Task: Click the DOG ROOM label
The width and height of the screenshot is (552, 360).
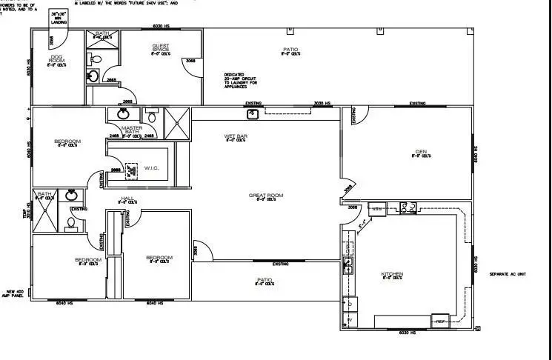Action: (x=56, y=59)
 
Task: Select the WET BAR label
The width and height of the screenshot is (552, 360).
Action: (x=236, y=138)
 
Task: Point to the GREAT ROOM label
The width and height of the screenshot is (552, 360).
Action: (x=270, y=196)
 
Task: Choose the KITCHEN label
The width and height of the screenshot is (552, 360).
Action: (x=392, y=276)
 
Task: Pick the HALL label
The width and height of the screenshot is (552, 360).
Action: (x=127, y=200)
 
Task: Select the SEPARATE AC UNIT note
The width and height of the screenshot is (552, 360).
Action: (x=507, y=274)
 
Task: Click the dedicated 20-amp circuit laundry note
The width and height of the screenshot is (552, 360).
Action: (x=240, y=79)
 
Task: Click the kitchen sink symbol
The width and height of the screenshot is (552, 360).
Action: (x=346, y=264)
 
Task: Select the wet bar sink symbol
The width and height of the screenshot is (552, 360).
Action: (x=253, y=113)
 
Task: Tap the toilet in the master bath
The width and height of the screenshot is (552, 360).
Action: (x=151, y=116)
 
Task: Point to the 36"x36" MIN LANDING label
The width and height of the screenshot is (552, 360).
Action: (x=58, y=16)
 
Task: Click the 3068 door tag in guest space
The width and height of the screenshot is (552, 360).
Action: (x=191, y=61)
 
